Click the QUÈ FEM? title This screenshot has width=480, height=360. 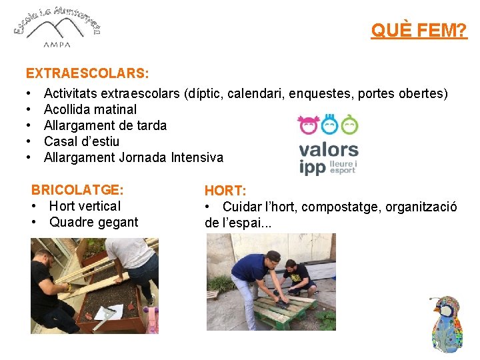click(x=419, y=31)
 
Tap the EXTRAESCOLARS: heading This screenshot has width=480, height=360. click(x=87, y=71)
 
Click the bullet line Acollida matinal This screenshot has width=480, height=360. click(x=90, y=109)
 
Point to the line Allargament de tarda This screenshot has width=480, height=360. click(x=105, y=125)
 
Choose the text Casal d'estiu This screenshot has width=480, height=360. click(x=81, y=141)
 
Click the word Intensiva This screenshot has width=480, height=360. click(x=197, y=157)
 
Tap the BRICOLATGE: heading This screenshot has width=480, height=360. click(x=78, y=190)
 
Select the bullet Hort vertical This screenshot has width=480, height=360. click(x=85, y=206)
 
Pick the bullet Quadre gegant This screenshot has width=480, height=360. click(x=93, y=222)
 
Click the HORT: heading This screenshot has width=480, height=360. click(x=225, y=191)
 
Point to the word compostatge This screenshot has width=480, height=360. click(x=337, y=207)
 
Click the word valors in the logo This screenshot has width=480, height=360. click(x=328, y=150)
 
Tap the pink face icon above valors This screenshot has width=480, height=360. click(x=308, y=125)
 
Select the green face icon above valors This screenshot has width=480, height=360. click(x=349, y=125)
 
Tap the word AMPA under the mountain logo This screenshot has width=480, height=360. click(x=57, y=45)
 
